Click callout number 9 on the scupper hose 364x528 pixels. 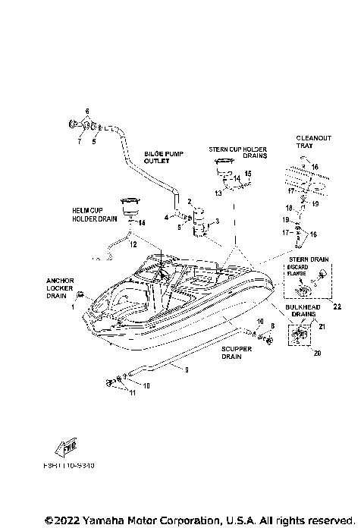[177, 369]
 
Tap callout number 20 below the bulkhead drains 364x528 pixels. [297, 353]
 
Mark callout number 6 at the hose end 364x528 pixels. [87, 112]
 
